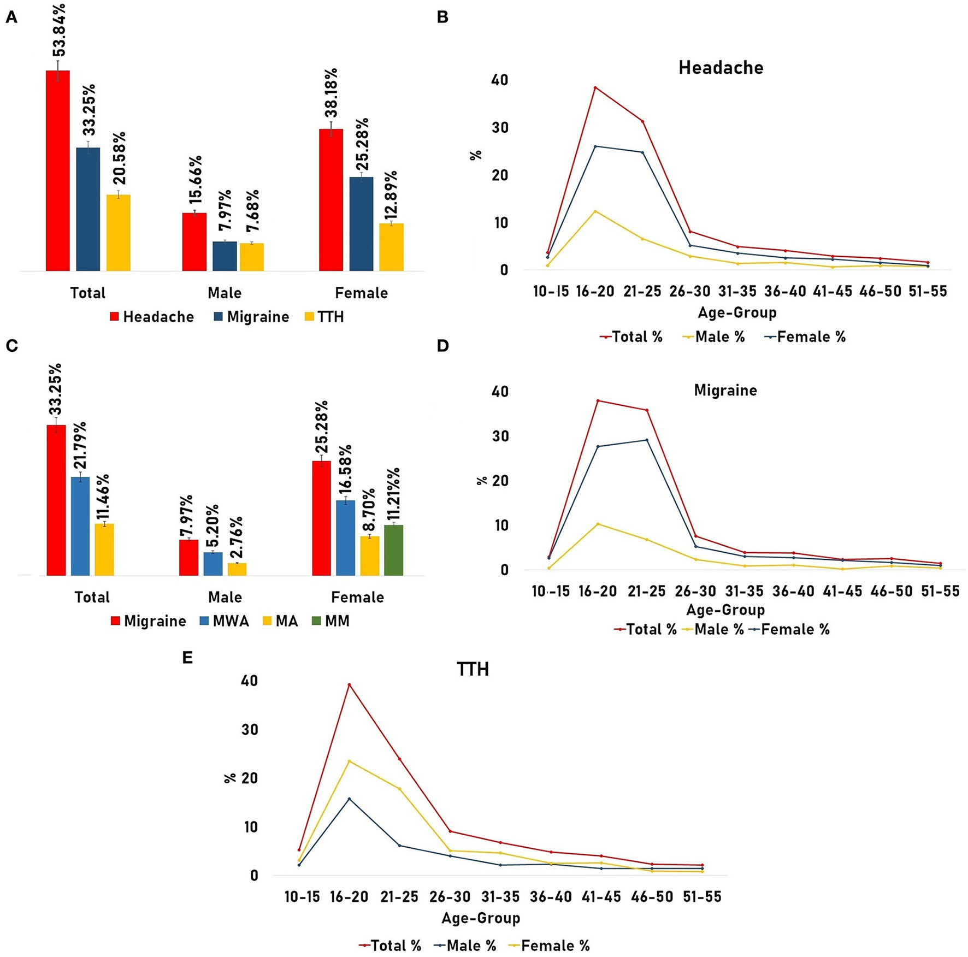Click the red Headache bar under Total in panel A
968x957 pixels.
(x=57, y=170)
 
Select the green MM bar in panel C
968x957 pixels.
(x=393, y=550)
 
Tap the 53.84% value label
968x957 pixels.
(x=59, y=30)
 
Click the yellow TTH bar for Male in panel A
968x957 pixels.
(x=251, y=257)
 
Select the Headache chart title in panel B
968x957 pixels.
(x=721, y=68)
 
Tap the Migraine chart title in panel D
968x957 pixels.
(x=725, y=391)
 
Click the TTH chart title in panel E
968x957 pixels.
(x=473, y=669)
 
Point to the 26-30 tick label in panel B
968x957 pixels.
(x=690, y=291)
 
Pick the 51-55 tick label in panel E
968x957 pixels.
(x=702, y=896)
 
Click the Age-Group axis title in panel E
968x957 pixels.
(x=481, y=918)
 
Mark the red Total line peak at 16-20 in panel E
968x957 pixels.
(x=349, y=684)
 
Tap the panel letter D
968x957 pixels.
(x=442, y=346)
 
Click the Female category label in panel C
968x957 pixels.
(x=357, y=597)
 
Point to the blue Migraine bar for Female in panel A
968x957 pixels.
(x=361, y=224)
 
